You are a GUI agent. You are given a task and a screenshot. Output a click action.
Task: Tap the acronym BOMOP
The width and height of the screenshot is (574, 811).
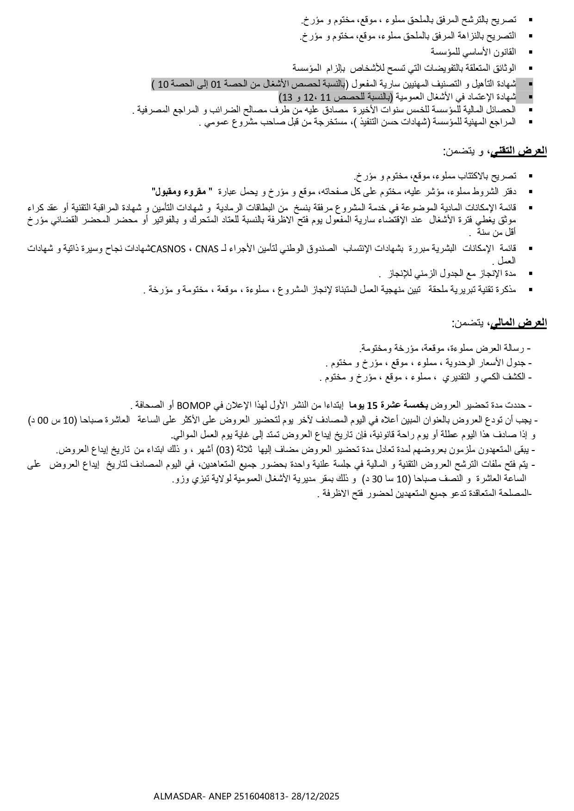pos(194,406)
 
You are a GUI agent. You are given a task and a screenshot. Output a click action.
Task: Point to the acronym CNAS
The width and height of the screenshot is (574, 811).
pos(207,249)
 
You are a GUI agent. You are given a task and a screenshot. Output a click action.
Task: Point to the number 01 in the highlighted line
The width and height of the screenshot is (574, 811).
pos(217,84)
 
